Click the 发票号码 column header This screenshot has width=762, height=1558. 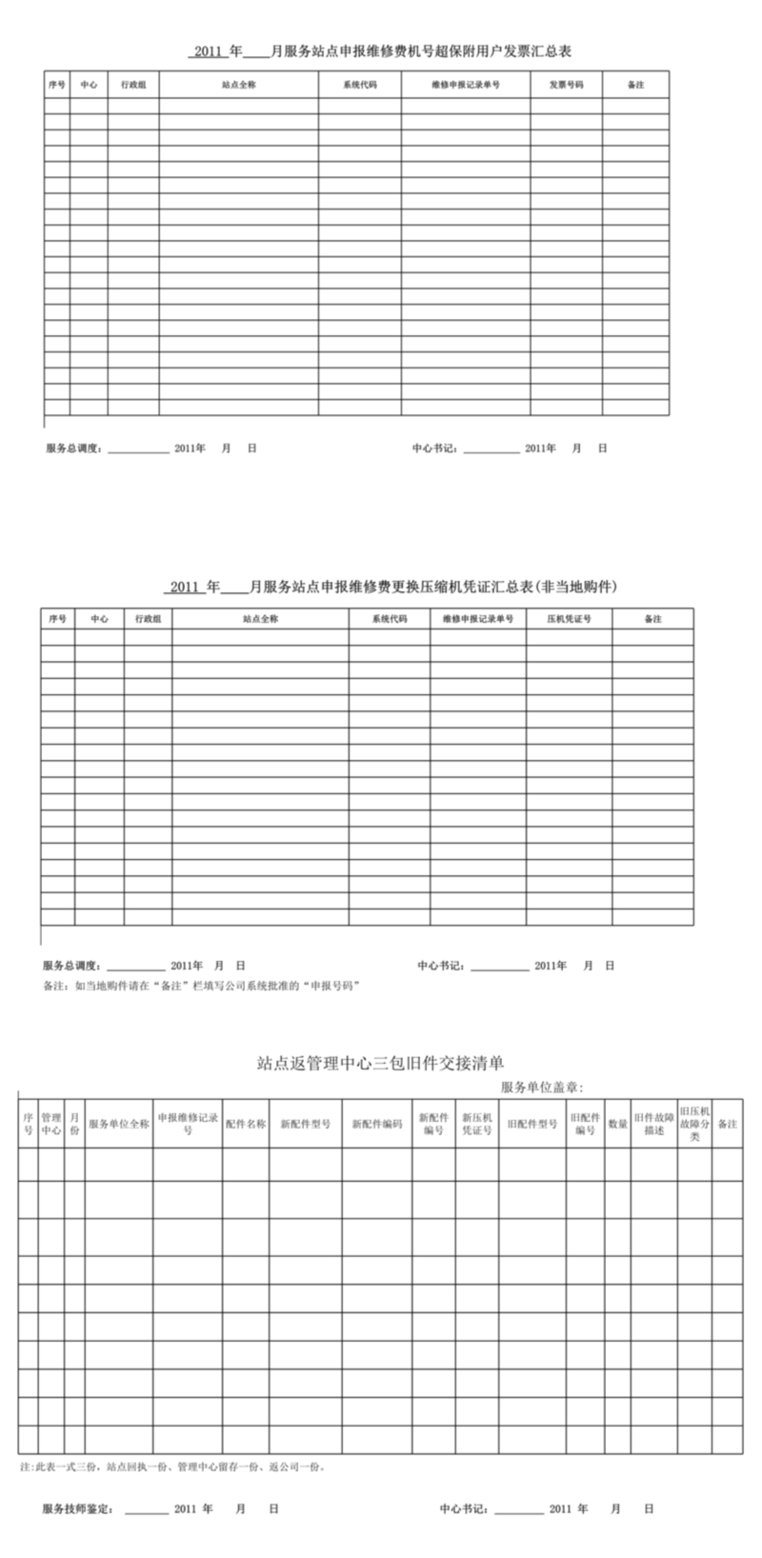[x=566, y=85]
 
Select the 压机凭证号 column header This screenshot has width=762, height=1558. [x=569, y=619]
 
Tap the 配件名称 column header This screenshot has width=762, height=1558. [x=245, y=1124]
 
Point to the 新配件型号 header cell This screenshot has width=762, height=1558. [x=305, y=1124]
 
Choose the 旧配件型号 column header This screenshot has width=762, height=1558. [x=531, y=1124]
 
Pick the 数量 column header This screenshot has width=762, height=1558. [x=617, y=1124]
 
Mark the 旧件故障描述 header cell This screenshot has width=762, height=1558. [x=653, y=1124]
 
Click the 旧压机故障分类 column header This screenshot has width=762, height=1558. [x=695, y=1124]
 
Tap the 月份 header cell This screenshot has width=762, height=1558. [x=74, y=1124]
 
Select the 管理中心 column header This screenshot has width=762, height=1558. [x=51, y=1124]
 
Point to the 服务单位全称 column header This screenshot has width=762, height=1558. [x=118, y=1124]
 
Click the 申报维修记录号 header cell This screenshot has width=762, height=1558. [x=188, y=1124]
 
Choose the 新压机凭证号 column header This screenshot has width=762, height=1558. [x=476, y=1124]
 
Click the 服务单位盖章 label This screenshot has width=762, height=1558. [x=541, y=1088]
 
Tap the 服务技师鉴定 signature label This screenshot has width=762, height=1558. [x=78, y=1508]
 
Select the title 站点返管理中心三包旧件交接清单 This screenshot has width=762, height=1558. [x=381, y=1063]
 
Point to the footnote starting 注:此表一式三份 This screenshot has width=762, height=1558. [x=173, y=1468]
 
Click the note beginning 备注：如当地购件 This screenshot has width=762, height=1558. [x=201, y=986]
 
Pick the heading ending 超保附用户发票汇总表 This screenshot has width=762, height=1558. [x=381, y=51]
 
